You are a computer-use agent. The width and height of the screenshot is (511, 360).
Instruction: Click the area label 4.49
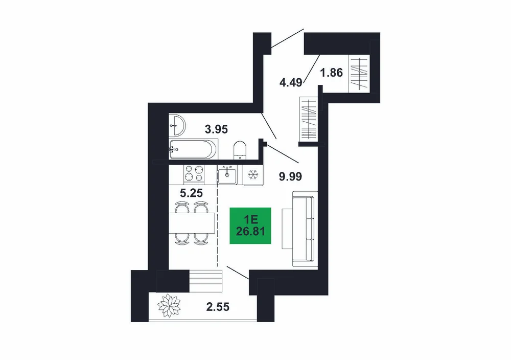(291, 82)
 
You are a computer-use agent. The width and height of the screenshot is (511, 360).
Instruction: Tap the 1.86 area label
(332, 73)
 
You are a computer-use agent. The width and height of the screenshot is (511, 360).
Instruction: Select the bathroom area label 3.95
(216, 129)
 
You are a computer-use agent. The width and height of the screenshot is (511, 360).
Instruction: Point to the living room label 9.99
(290, 176)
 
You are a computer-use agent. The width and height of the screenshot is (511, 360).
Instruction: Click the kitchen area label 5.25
(191, 193)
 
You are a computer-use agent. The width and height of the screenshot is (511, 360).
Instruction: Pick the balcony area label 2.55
(218, 307)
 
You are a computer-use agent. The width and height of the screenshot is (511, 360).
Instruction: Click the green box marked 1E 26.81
(250, 226)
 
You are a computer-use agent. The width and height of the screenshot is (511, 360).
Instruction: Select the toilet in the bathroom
(240, 150)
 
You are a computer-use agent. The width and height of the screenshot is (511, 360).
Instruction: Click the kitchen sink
(227, 174)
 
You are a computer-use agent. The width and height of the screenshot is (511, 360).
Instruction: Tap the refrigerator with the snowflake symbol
(253, 175)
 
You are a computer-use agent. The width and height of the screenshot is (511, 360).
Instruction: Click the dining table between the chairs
(192, 223)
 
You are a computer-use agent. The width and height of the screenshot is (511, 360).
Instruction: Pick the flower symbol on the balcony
(169, 306)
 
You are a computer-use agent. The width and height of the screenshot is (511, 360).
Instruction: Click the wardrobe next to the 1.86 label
(359, 74)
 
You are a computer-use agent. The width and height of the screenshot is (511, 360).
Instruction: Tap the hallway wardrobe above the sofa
(309, 119)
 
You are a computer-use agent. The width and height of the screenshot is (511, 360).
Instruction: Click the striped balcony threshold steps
(206, 281)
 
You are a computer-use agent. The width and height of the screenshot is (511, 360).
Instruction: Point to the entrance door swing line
(288, 38)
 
